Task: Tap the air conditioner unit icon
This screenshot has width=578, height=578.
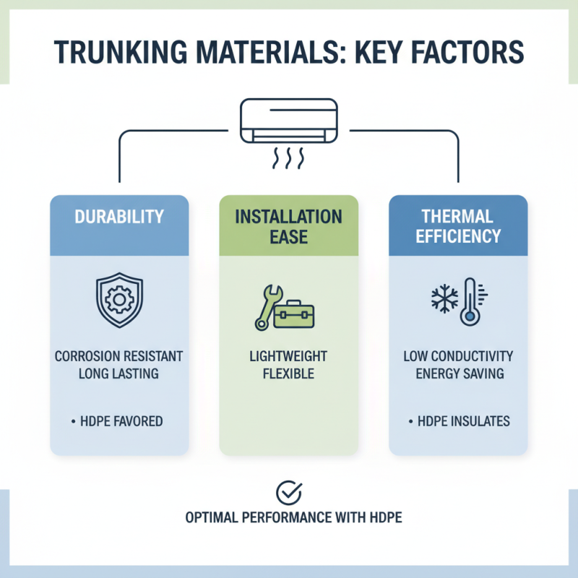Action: point(288,120)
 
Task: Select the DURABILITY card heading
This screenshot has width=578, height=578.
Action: point(119,216)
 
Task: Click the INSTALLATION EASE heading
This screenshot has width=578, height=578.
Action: point(288,225)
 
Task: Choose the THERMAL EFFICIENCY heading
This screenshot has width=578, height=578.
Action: point(458,225)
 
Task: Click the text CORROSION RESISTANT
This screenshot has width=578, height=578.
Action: point(119,357)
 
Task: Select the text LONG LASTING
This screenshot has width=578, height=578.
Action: point(119,374)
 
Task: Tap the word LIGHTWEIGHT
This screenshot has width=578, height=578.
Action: point(288,357)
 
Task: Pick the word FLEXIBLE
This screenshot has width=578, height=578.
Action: point(288,374)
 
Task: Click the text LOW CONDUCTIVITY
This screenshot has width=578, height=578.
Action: point(458,357)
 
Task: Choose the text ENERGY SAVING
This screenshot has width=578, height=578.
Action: point(458,374)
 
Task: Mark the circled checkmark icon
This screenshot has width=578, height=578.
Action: point(288,493)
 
